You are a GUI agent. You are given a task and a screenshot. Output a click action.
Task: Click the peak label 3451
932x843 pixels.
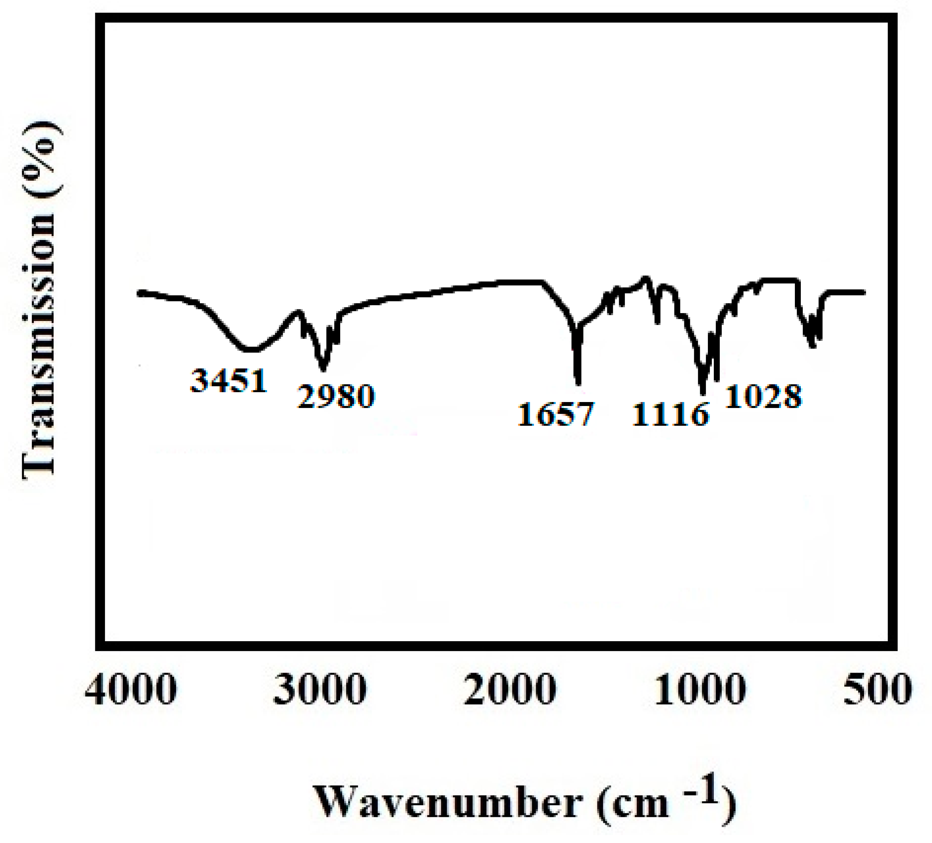coord(229,381)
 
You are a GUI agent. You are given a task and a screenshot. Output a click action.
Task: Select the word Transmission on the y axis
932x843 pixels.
coord(39,344)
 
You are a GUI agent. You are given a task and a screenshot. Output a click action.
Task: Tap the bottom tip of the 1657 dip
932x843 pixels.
coord(578,384)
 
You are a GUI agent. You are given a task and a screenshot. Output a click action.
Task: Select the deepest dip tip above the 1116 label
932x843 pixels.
coord(703,394)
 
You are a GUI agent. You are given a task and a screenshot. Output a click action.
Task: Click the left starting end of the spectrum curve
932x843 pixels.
coord(139,292)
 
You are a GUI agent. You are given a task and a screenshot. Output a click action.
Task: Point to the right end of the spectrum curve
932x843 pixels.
coord(864,292)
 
